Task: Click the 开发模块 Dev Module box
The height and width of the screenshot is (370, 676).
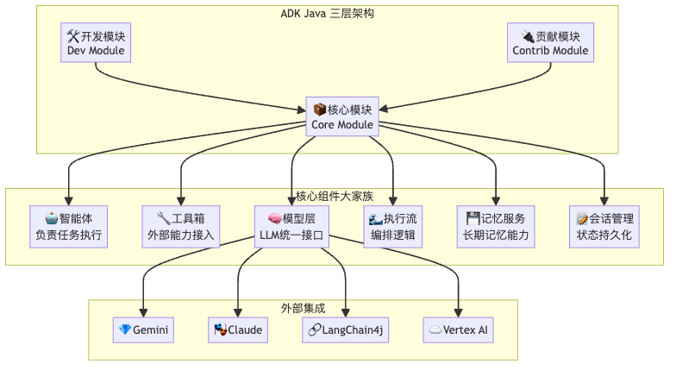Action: point(96,43)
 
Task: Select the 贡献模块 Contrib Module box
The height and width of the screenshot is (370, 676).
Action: point(550,43)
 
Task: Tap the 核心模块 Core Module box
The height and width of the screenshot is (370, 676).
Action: point(342,117)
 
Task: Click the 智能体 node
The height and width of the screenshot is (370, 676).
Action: point(68,226)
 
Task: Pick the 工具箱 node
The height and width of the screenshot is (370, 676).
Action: point(180,226)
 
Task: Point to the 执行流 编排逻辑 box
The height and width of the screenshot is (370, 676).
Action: point(393,226)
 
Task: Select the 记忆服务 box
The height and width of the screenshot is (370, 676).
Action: point(496,226)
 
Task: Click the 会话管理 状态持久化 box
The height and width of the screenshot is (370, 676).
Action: point(604,226)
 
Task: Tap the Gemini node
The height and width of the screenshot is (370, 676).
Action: point(143,329)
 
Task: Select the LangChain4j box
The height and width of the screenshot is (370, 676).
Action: point(347,329)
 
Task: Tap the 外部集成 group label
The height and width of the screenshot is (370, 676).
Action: point(303,307)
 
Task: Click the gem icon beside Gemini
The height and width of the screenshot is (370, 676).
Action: point(125,329)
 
